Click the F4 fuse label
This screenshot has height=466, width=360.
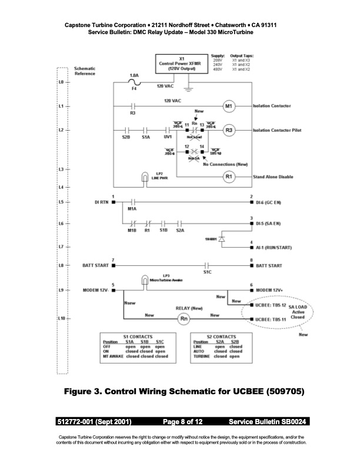tap(134, 89)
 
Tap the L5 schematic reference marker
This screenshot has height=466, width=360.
tap(61, 202)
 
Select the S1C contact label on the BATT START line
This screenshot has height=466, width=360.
tap(207, 272)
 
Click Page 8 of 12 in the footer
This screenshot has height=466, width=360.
tap(179, 422)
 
